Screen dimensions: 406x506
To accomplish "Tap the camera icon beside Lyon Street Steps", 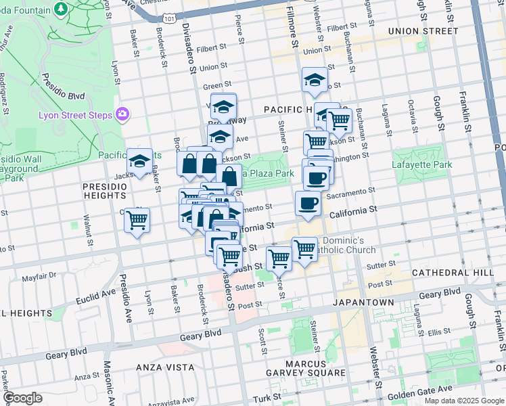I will (x=122, y=114).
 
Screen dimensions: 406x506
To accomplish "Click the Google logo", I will (x=22, y=398).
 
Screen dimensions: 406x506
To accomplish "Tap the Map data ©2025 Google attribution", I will (x=464, y=401).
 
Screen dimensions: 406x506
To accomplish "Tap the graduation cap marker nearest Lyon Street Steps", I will (x=140, y=162).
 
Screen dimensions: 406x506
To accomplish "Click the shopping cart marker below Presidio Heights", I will (x=137, y=220).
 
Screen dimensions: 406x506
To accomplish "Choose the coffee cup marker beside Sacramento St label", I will (x=308, y=203).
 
